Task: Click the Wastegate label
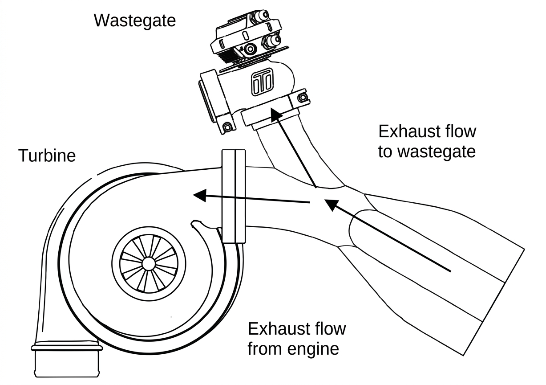tap(134, 21)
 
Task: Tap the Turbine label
tap(47, 156)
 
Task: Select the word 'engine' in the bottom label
tap(313, 350)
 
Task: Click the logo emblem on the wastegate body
tap(262, 82)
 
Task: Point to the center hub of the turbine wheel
tap(149, 264)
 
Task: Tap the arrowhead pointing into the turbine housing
tap(200, 195)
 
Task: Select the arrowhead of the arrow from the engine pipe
tap(332, 205)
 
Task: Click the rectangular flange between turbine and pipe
tap(234, 196)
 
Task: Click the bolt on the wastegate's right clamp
tap(303, 98)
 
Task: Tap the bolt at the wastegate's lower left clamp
tap(227, 127)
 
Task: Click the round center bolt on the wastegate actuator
tap(250, 49)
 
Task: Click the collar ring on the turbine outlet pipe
tap(66, 348)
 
